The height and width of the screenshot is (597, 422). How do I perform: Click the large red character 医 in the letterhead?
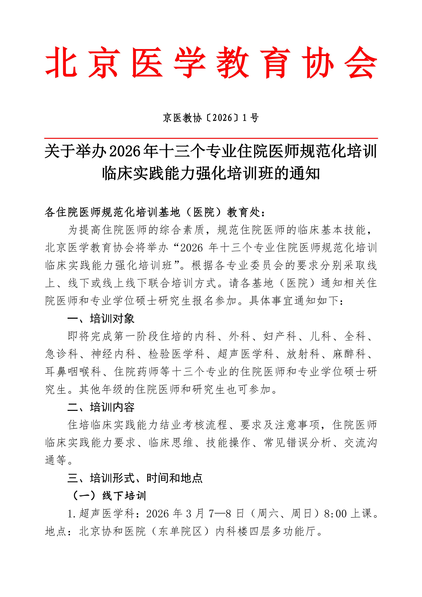147,62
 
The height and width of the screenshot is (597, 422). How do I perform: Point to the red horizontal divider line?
211,138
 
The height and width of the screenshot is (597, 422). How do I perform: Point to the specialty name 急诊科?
62,354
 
